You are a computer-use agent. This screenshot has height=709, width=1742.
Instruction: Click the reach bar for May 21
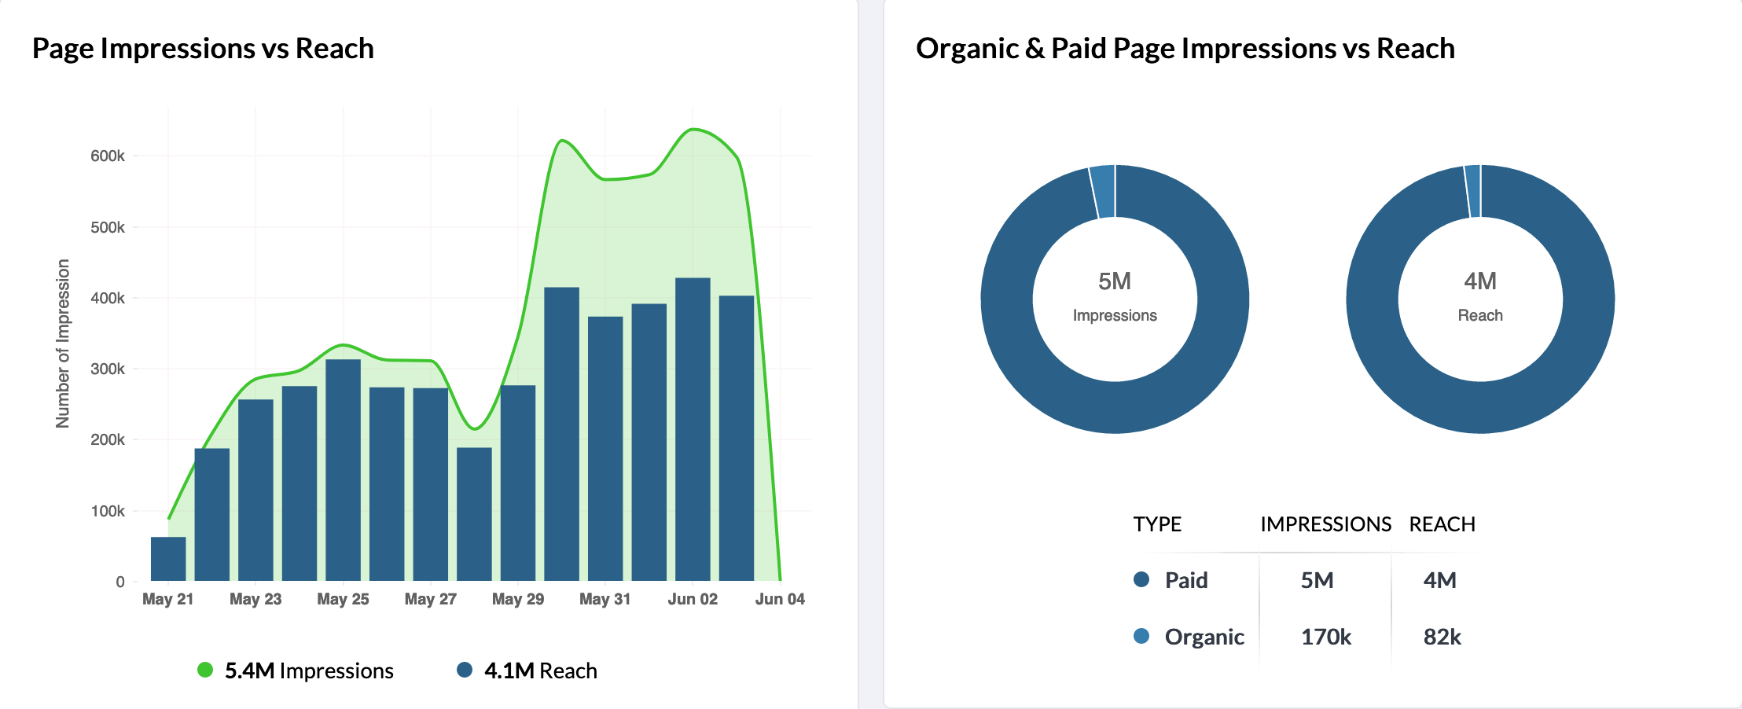pyautogui.click(x=168, y=559)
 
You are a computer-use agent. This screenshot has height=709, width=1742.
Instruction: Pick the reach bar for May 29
pyautogui.click(x=518, y=483)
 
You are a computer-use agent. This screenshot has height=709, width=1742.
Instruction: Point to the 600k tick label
pyautogui.click(x=108, y=156)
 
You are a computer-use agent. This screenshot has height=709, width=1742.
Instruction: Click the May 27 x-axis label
pyautogui.click(x=430, y=599)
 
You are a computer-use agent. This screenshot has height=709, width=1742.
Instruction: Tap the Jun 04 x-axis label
pyautogui.click(x=780, y=599)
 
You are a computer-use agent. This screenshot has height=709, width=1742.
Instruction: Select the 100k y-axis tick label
pyautogui.click(x=108, y=511)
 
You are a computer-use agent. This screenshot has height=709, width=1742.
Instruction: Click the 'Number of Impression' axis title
pyautogui.click(x=63, y=343)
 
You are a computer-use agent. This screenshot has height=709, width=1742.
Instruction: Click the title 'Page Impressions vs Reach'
pyautogui.click(x=203, y=49)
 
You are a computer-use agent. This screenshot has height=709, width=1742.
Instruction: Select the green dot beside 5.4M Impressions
pyautogui.click(x=205, y=670)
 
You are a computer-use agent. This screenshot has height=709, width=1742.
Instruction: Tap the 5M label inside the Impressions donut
pyautogui.click(x=1115, y=281)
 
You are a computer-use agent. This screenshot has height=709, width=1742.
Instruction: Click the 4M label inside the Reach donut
pyautogui.click(x=1480, y=281)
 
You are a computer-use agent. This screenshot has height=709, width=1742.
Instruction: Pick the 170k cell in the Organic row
pyautogui.click(x=1325, y=637)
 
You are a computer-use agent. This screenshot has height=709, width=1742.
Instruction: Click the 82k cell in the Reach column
pyautogui.click(x=1442, y=637)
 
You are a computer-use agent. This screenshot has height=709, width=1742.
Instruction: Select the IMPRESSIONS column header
pyautogui.click(x=1325, y=524)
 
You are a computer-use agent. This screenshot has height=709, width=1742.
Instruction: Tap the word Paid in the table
pyautogui.click(x=1186, y=580)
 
